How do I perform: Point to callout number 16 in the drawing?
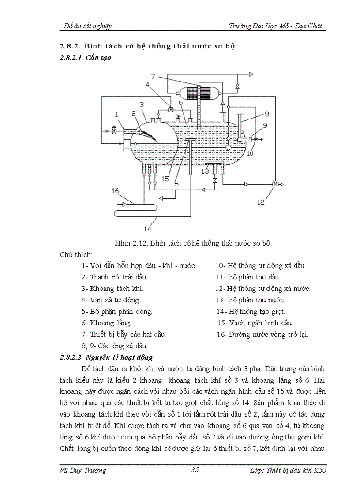pyautogui.click(x=115, y=190)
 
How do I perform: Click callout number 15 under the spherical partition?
pyautogui.click(x=165, y=179)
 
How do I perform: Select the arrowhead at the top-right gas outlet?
pyautogui.click(x=251, y=74)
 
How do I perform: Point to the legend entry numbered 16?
pyautogui.click(x=262, y=334)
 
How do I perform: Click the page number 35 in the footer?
pyautogui.click(x=195, y=470)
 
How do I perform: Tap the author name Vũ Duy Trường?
pyautogui.click(x=83, y=470)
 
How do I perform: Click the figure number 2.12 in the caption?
pyautogui.click(x=141, y=243)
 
